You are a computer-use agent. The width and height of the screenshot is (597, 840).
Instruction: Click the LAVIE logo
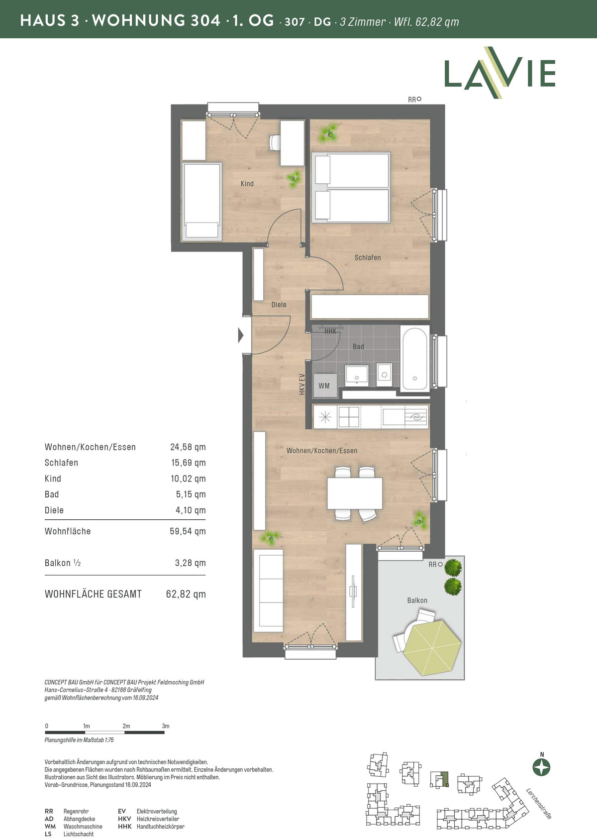point(499,73)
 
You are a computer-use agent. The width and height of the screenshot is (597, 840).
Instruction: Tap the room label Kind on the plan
point(247,184)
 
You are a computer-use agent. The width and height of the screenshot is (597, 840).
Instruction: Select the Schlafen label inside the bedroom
point(368,257)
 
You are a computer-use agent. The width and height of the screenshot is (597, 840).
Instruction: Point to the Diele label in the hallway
point(279,305)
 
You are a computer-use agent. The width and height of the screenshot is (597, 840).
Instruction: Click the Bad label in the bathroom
point(358,347)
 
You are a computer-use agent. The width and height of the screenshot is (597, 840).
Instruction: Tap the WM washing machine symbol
point(324,385)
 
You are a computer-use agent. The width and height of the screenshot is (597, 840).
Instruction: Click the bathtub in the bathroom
point(414,359)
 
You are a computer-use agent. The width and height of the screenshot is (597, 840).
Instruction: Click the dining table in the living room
point(355,493)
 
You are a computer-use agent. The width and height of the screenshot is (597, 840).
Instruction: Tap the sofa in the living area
point(268,591)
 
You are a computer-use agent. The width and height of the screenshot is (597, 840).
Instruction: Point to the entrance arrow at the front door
point(241,335)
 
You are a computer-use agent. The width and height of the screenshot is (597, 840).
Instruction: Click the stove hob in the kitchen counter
point(349,417)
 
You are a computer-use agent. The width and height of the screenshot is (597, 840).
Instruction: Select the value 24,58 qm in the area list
point(188,447)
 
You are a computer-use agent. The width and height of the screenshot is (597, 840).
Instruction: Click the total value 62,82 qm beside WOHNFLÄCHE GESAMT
point(186,594)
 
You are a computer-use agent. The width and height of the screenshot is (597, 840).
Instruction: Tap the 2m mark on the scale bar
point(126,726)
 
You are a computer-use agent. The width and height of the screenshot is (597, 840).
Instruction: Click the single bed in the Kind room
point(201,201)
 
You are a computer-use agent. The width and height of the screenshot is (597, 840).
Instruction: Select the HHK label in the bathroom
point(330,332)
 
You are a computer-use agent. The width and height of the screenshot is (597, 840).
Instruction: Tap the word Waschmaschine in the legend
point(83,827)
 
